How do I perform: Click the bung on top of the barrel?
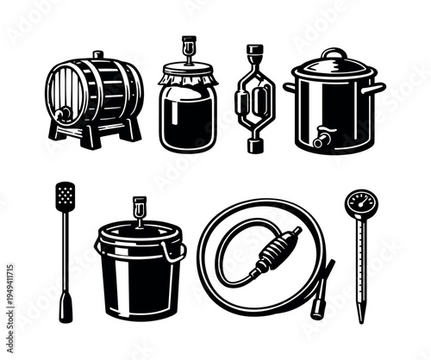(97, 55)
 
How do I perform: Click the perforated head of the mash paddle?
(66, 196)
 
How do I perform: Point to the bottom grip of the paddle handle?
(66, 308)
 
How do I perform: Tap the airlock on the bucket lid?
(138, 209)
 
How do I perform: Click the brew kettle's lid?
(334, 69)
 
